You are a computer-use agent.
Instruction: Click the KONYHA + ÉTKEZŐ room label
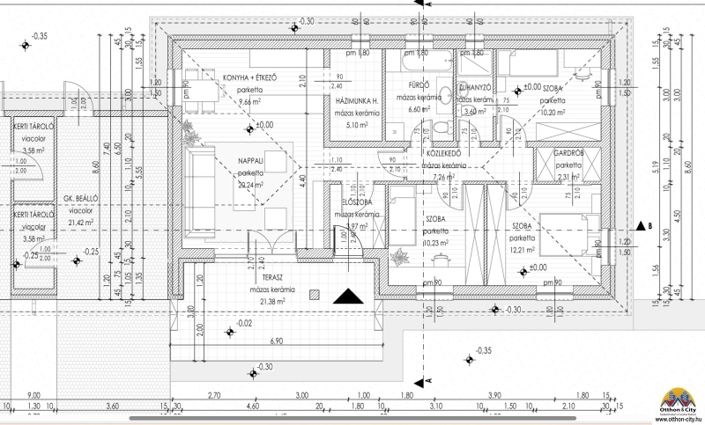[x=249, y=77]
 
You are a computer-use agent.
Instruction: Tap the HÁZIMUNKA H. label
[x=358, y=102]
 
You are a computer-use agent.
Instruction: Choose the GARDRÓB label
[x=570, y=154]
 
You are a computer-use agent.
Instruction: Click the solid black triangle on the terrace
[x=349, y=296]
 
